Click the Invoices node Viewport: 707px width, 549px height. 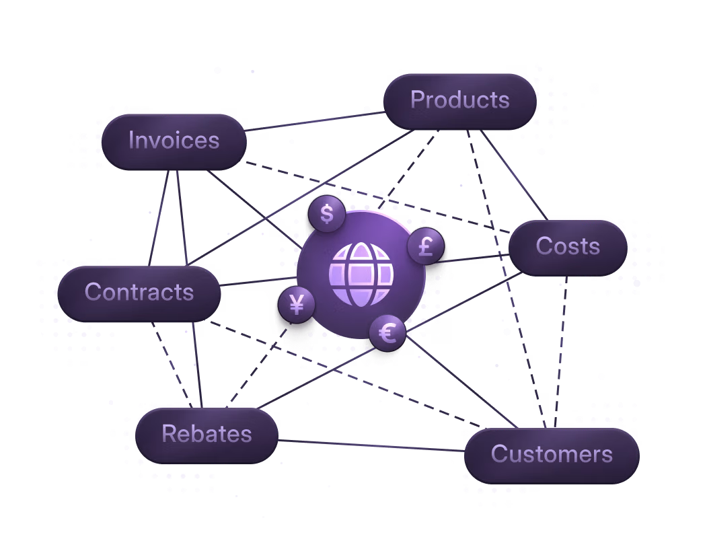pos(174,141)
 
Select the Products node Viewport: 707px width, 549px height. pos(460,100)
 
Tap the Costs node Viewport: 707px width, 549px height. pos(568,246)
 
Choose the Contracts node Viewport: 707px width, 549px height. pos(139,292)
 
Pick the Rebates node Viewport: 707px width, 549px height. pos(207,434)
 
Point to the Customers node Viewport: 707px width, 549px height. pos(552,454)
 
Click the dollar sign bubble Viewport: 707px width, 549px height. pos(327,214)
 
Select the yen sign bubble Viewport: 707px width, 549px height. pos(297,305)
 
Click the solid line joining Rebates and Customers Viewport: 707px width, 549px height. pos(370,445)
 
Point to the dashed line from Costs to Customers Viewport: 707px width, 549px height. pos(560,350)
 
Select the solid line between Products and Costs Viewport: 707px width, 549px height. pos(515,174)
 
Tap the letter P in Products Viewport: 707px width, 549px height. pos(417,100)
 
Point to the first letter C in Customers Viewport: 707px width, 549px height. pos(498,454)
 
